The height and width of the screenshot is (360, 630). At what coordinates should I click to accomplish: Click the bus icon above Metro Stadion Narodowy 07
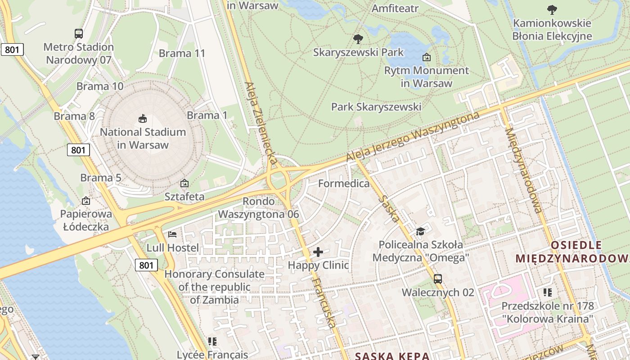(79, 33)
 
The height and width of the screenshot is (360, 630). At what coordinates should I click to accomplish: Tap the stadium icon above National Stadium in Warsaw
(143, 119)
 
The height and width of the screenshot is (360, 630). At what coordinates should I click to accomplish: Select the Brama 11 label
(182, 53)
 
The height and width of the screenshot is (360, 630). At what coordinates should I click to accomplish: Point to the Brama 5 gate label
(101, 178)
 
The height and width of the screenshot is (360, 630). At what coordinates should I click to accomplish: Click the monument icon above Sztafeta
(184, 183)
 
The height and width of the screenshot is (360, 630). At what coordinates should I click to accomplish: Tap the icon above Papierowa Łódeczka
(86, 201)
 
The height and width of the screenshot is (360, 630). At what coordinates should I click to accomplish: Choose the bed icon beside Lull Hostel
(172, 234)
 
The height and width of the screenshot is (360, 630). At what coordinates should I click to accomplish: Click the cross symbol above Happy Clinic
(318, 252)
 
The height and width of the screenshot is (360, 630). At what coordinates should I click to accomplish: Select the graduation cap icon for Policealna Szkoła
(420, 231)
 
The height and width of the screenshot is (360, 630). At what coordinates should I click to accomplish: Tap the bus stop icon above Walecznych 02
(438, 279)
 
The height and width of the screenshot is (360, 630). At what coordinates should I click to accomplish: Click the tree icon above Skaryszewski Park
(358, 39)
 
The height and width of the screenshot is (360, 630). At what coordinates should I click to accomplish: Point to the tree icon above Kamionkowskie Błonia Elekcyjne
(552, 9)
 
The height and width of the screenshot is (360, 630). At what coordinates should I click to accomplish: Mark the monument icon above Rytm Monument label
(426, 57)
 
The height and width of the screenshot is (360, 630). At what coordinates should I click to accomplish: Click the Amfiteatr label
(395, 8)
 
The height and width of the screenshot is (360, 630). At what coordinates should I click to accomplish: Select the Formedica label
(344, 184)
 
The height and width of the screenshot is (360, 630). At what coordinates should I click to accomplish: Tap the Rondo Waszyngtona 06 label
(258, 208)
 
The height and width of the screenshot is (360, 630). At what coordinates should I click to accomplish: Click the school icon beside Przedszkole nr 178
(548, 292)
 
